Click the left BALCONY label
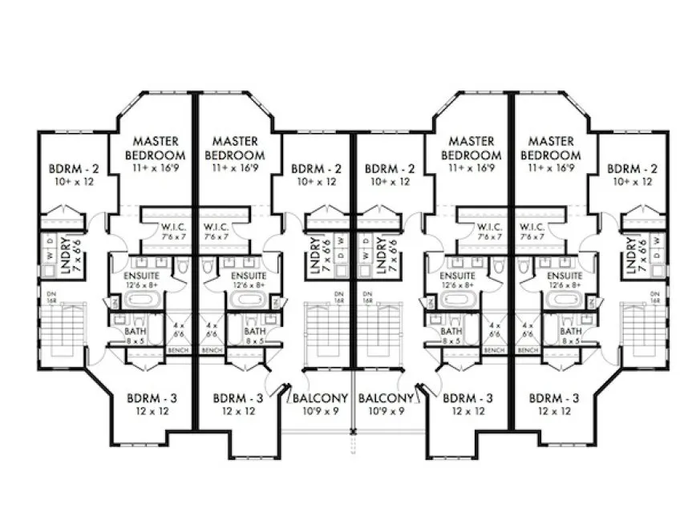pyautogui.click(x=320, y=398)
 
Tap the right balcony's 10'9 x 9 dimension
pyautogui.click(x=386, y=411)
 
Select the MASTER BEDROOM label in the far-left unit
pyautogui.click(x=156, y=148)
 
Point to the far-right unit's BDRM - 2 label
pyautogui.click(x=632, y=169)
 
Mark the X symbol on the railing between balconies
pyautogui.click(x=352, y=432)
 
